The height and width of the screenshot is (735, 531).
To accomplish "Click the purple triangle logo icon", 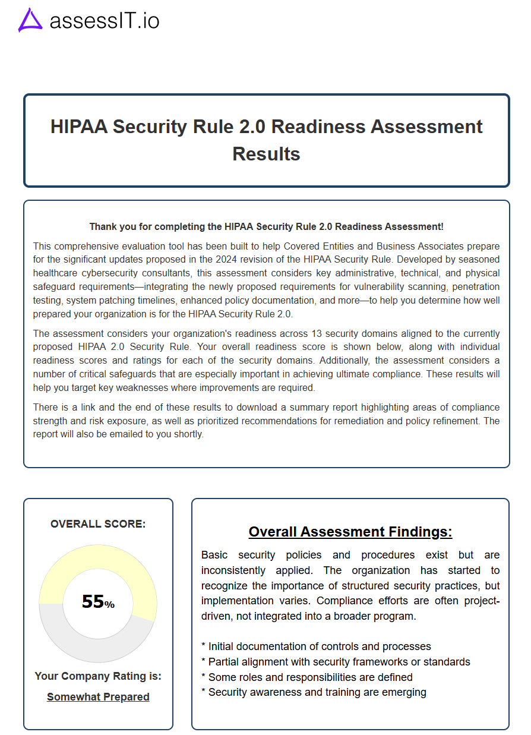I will (30, 20).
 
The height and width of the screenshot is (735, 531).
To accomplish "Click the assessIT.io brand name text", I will (105, 21).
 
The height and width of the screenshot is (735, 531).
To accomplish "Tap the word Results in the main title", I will (266, 153).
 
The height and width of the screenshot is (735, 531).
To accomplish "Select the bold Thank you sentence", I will (266, 226).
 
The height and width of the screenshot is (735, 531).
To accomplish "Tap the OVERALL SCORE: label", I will (98, 524).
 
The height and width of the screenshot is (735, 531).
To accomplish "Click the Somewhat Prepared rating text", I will (98, 697).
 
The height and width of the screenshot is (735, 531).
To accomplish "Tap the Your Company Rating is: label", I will (98, 676).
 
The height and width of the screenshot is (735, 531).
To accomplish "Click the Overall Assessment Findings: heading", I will (350, 532).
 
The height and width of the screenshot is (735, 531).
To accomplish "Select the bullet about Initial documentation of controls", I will (316, 646).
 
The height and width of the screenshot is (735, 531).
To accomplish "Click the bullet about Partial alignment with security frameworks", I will (336, 662).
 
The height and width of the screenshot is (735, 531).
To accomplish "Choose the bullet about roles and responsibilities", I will (306, 677).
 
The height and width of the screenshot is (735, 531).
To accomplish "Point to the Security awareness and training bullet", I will (314, 692).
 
